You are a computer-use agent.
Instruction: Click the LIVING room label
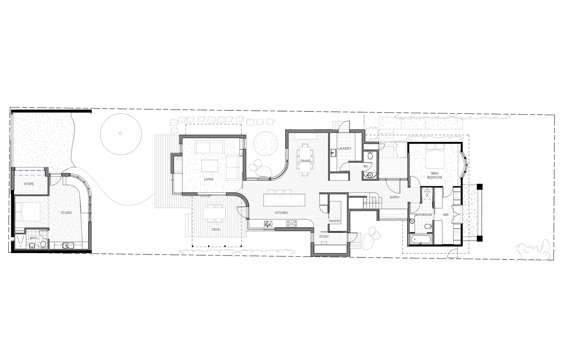coord(209,179)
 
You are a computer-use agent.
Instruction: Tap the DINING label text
coord(305,161)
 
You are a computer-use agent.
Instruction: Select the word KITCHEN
coord(281,213)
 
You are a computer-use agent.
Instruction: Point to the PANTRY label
coord(335,221)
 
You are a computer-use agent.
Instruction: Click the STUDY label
coord(324,237)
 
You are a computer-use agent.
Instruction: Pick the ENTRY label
coord(395,197)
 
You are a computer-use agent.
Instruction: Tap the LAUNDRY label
coord(345,148)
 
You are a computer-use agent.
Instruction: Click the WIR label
coord(446,215)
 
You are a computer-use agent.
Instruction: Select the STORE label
coord(29,184)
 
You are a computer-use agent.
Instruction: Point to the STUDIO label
coord(66,213)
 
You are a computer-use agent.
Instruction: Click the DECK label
coord(216,230)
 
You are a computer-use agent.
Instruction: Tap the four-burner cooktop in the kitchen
coord(292,224)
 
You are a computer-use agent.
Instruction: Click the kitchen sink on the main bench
coord(268,224)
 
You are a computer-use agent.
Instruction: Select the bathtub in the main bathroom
coord(421,239)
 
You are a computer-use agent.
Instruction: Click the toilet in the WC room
coord(370,155)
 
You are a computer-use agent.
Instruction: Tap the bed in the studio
coord(28,212)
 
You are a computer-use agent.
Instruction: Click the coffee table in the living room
coord(210,166)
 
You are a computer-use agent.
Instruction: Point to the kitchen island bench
coord(284,200)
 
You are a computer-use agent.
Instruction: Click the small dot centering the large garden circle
coord(120,134)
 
